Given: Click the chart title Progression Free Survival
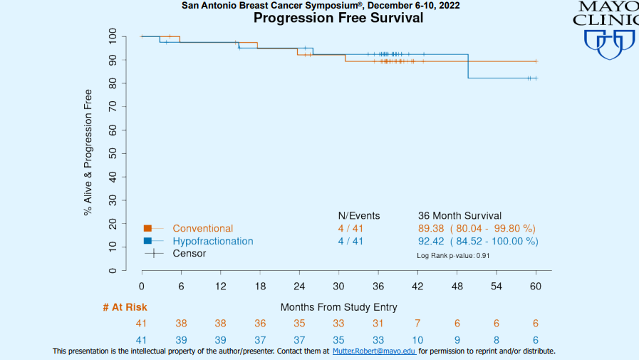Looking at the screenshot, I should (338, 18).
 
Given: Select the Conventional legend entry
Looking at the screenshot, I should (202, 229).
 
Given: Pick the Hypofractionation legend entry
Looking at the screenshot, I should (212, 241).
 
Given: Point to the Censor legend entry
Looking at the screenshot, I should (189, 253).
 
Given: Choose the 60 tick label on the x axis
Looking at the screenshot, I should (536, 286).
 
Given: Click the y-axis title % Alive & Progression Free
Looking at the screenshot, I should (88, 153).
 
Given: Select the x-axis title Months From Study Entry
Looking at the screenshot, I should (339, 307).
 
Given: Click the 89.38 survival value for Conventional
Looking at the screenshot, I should (432, 229).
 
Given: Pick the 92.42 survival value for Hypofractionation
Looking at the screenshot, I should (432, 241).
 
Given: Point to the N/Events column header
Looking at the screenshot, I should (359, 216).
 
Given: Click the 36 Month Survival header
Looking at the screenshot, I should (459, 216).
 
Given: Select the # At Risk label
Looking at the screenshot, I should (125, 307).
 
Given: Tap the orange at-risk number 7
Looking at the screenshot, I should (417, 324).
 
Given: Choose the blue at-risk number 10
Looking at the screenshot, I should (417, 341).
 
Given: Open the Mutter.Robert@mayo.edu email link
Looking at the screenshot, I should (374, 351).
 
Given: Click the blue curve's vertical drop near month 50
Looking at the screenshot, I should (468, 66).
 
